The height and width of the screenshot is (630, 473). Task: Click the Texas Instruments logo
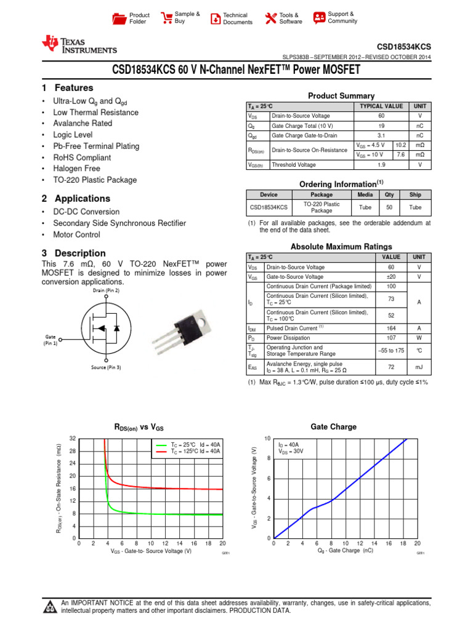pyautogui.click(x=79, y=45)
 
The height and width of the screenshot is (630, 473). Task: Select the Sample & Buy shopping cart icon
pyautogui.click(x=166, y=18)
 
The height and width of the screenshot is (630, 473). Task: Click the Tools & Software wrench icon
pyautogui.click(x=270, y=18)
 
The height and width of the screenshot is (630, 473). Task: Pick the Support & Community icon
pyautogui.click(x=319, y=18)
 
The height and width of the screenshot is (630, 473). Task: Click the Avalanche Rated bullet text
pyautogui.click(x=83, y=124)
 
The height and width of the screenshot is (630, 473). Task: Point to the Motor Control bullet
pyautogui.click(x=77, y=234)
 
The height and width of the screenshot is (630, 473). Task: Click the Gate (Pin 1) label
pyautogui.click(x=51, y=340)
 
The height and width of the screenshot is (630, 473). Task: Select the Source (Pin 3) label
pyautogui.click(x=107, y=367)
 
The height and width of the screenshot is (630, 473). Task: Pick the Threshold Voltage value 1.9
pyautogui.click(x=382, y=165)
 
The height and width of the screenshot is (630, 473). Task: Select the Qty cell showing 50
pyautogui.click(x=389, y=208)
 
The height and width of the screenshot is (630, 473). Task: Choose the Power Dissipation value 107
pyautogui.click(x=390, y=337)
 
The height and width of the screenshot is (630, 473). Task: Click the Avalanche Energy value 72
pyautogui.click(x=390, y=366)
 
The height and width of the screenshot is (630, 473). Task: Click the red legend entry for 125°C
pyautogui.click(x=188, y=451)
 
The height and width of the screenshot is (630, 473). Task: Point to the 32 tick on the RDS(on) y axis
pyautogui.click(x=72, y=438)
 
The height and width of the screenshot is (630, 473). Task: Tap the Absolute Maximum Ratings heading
pyautogui.click(x=341, y=246)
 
